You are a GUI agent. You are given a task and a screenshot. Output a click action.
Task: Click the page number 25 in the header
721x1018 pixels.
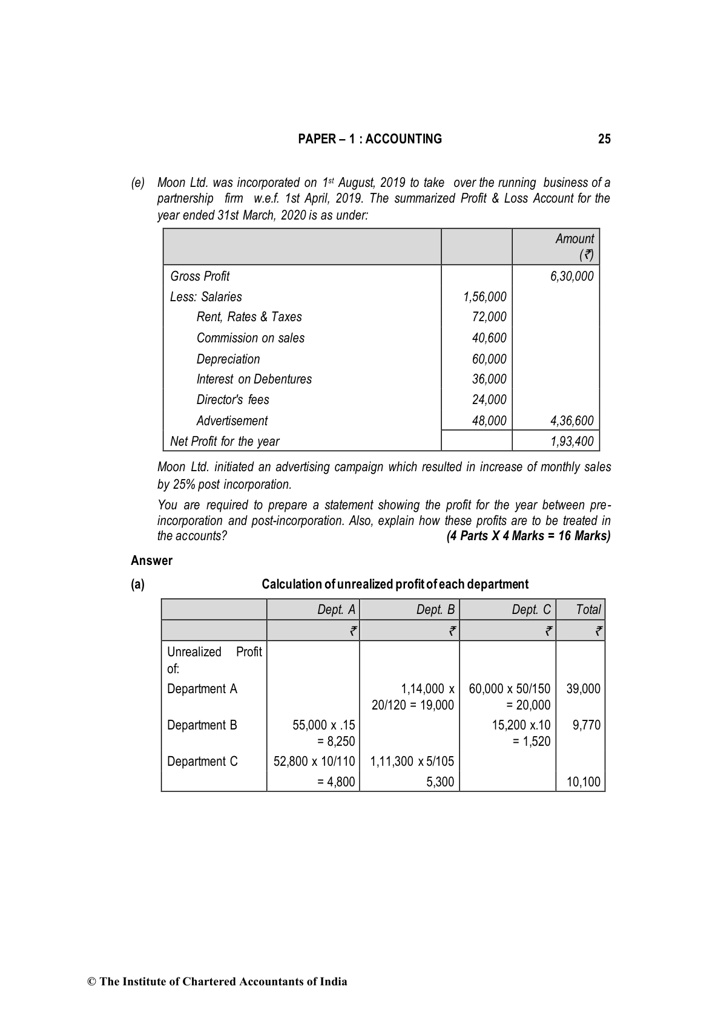coord(604,139)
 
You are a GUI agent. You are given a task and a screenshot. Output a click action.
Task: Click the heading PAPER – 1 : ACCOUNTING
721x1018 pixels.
coord(370,139)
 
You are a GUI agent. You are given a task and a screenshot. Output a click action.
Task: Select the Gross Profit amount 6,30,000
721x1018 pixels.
coord(571,276)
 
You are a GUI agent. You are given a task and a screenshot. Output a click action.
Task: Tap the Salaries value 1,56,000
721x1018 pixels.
coord(484,297)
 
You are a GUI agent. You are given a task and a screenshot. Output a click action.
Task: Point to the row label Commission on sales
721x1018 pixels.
coord(250,338)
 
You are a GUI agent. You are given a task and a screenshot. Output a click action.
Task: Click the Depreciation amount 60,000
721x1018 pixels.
coord(489,359)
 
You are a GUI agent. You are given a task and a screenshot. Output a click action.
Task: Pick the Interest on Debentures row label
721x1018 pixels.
coord(254,379)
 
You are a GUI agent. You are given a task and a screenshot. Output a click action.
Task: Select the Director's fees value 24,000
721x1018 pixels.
coord(489,400)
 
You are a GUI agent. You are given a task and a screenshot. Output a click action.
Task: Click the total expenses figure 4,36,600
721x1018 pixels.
coord(571,421)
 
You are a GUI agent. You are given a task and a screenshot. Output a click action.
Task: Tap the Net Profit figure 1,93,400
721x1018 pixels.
coord(571,442)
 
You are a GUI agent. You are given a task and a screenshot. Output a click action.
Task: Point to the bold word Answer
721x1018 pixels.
coord(151,561)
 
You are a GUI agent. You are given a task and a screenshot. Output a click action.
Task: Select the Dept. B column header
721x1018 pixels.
coord(435,610)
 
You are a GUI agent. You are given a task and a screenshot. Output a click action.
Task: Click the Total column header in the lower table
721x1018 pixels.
coord(588,610)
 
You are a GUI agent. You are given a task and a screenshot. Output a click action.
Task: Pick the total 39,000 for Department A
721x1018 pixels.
coord(583,689)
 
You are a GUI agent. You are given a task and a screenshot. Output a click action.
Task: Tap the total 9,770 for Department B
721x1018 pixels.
coord(586,725)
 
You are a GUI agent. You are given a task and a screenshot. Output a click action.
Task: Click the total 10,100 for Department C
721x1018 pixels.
coord(583,782)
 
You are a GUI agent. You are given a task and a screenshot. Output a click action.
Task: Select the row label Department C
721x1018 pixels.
coord(202,762)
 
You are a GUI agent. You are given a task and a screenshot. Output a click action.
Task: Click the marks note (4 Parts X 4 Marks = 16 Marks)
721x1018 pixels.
coord(528,536)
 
